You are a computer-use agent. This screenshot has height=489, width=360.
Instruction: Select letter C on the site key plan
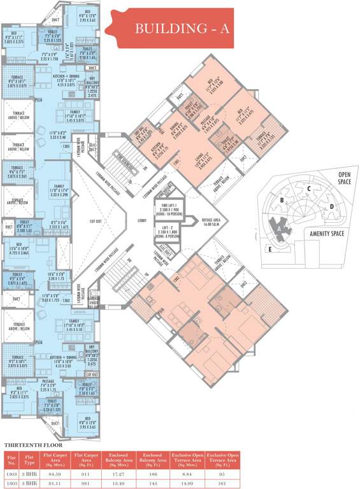(x=308, y=188)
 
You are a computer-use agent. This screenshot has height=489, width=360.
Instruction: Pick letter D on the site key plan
(x=331, y=206)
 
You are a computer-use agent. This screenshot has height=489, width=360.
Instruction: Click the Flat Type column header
(x=29, y=459)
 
